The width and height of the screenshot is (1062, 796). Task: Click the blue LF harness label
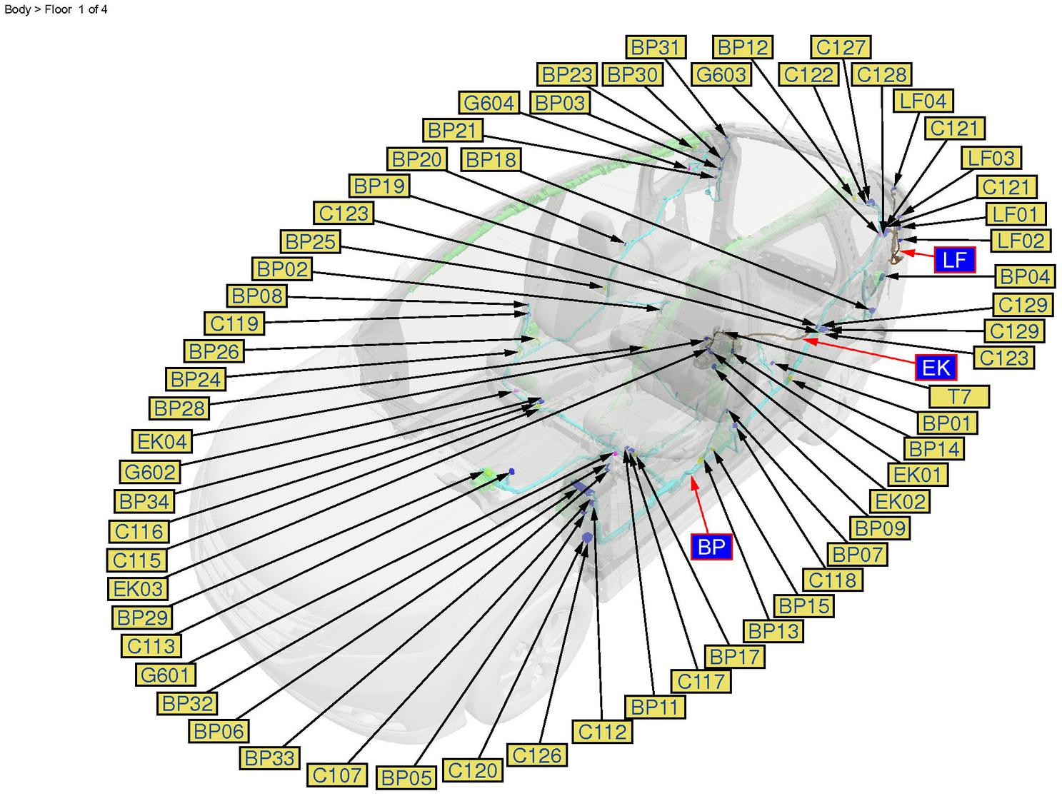(954, 260)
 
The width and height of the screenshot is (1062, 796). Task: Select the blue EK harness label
(936, 367)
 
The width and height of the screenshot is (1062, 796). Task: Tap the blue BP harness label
(711, 547)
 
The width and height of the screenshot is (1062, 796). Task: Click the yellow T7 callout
(959, 396)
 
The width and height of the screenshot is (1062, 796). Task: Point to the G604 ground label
(489, 104)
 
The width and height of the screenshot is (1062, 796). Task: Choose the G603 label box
(721, 74)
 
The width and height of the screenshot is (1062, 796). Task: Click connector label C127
(841, 47)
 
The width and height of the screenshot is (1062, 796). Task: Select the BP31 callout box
(655, 47)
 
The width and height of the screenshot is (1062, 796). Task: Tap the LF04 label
(923, 101)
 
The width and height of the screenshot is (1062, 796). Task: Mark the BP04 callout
(1025, 276)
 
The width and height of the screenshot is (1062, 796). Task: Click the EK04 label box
(162, 441)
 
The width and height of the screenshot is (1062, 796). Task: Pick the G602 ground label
(149, 472)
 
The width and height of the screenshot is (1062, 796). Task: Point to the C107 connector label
(338, 775)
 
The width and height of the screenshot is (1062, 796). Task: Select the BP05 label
(406, 777)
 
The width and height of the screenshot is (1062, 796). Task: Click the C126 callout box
(537, 755)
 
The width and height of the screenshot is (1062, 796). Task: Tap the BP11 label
(654, 707)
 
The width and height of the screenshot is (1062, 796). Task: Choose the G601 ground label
(165, 675)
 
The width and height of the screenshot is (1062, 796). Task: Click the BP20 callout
(416, 158)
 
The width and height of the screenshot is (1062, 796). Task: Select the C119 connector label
(234, 323)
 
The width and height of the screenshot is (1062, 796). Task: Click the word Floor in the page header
(59, 10)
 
